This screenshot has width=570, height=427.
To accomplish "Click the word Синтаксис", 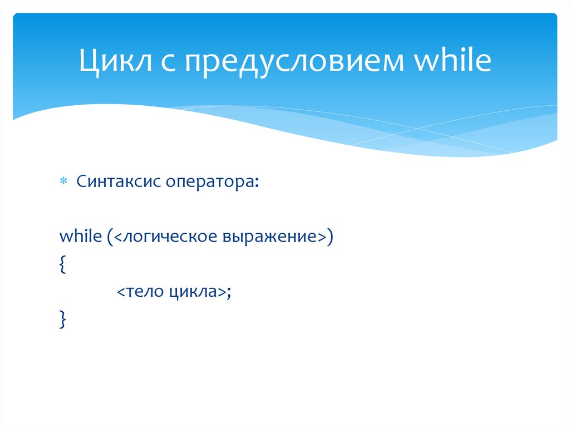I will pyautogui.click(x=117, y=181).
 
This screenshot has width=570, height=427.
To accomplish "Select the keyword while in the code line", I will pyautogui.click(x=78, y=236).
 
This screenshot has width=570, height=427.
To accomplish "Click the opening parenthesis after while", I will pyautogui.click(x=104, y=237).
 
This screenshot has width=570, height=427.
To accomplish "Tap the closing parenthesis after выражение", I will pyautogui.click(x=330, y=237).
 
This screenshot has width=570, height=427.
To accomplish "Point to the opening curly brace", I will pyautogui.click(x=62, y=265).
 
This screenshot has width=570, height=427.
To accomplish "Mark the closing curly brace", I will pyautogui.click(x=62, y=320).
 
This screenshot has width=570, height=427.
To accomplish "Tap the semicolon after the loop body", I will pyautogui.click(x=228, y=293).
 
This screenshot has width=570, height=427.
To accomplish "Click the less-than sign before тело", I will pyautogui.click(x=121, y=292).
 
